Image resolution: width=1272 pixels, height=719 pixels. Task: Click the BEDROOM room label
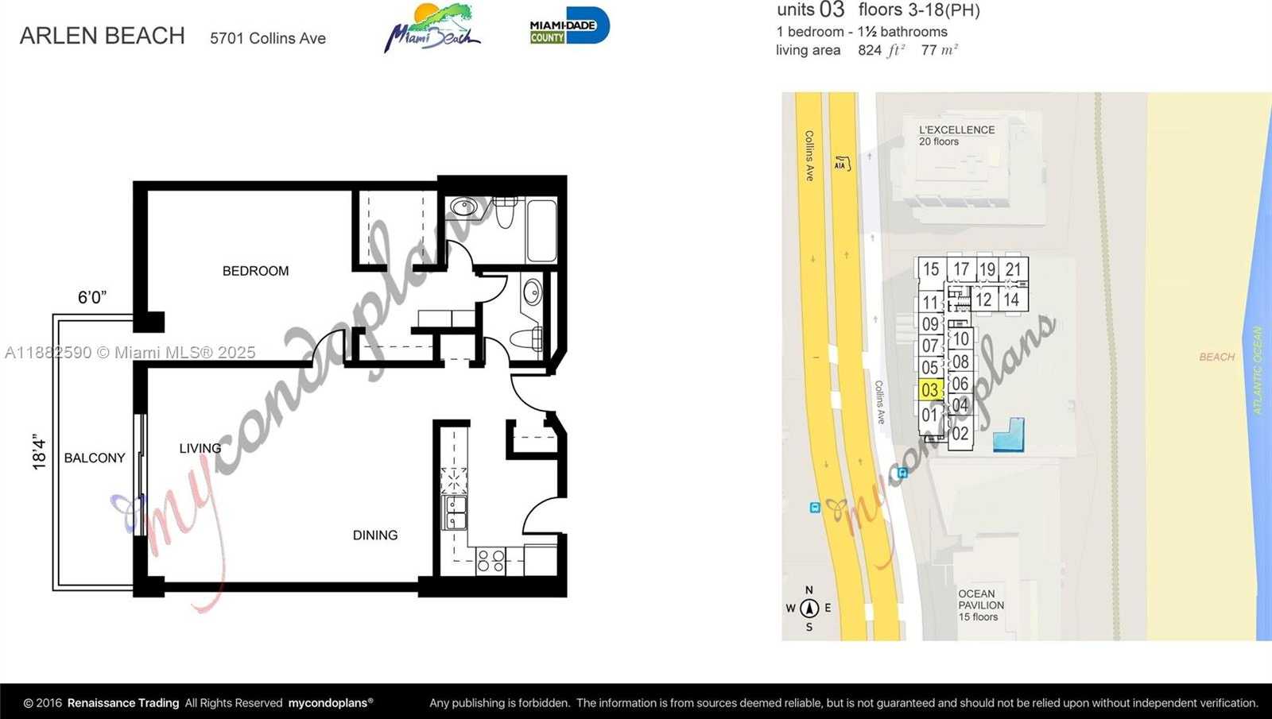[255, 271]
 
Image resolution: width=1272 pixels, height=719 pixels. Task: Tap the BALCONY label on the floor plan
[95, 458]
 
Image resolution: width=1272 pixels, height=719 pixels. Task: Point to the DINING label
[375, 535]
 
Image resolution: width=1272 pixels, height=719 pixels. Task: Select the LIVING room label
[200, 448]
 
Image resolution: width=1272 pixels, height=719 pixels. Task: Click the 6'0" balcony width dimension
[92, 297]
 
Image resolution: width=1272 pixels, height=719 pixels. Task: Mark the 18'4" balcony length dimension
[39, 452]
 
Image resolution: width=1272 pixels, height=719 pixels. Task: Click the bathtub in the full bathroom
[541, 230]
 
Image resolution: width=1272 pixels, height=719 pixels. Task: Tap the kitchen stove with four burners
[491, 561]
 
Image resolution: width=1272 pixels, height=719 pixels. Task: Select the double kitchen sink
[455, 512]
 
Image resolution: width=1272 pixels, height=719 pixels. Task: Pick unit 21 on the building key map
[1014, 269]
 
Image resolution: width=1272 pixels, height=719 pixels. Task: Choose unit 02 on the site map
[960, 434]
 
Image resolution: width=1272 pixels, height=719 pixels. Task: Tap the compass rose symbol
[809, 609]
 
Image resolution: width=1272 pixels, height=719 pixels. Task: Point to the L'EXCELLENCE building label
[957, 130]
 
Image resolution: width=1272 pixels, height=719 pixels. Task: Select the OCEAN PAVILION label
[981, 600]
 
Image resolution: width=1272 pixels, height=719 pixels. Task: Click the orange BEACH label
[1217, 357]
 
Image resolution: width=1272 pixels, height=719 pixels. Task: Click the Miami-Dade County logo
[569, 25]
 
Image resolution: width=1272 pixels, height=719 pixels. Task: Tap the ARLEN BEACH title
[103, 36]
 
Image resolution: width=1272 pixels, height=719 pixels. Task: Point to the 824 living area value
[870, 50]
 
